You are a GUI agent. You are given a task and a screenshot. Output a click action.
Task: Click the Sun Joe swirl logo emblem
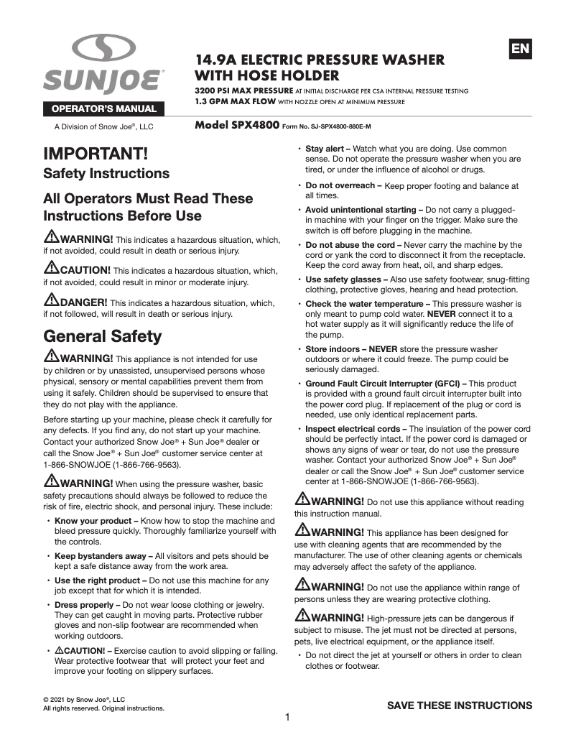(103, 50)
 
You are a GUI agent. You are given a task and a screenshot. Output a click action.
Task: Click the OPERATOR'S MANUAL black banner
(103, 109)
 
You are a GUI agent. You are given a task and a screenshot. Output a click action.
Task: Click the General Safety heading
(103, 336)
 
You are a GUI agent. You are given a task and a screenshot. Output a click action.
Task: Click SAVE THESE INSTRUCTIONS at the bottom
(460, 705)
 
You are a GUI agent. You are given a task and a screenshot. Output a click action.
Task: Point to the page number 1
(287, 717)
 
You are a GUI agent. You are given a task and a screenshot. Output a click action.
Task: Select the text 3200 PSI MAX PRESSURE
(243, 91)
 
